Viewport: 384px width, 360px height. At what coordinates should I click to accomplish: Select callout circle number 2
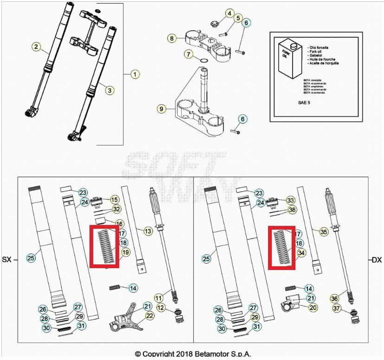[36, 46]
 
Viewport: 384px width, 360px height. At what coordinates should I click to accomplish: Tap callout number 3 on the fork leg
[109, 90]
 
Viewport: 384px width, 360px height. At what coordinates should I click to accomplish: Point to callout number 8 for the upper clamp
[172, 38]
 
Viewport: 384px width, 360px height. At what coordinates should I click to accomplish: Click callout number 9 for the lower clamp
[161, 109]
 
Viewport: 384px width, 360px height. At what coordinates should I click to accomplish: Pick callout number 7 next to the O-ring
[188, 54]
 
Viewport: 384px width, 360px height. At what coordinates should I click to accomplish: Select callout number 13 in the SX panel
[147, 231]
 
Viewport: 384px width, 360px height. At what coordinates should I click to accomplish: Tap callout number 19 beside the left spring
[125, 253]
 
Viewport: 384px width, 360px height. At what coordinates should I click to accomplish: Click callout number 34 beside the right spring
[301, 253]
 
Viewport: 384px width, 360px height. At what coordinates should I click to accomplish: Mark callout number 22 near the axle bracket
[149, 315]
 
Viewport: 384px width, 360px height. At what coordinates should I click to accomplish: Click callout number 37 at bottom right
[337, 308]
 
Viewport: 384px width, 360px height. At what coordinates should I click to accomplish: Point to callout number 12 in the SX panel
[160, 307]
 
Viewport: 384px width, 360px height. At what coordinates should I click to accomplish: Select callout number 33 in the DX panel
[290, 200]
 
